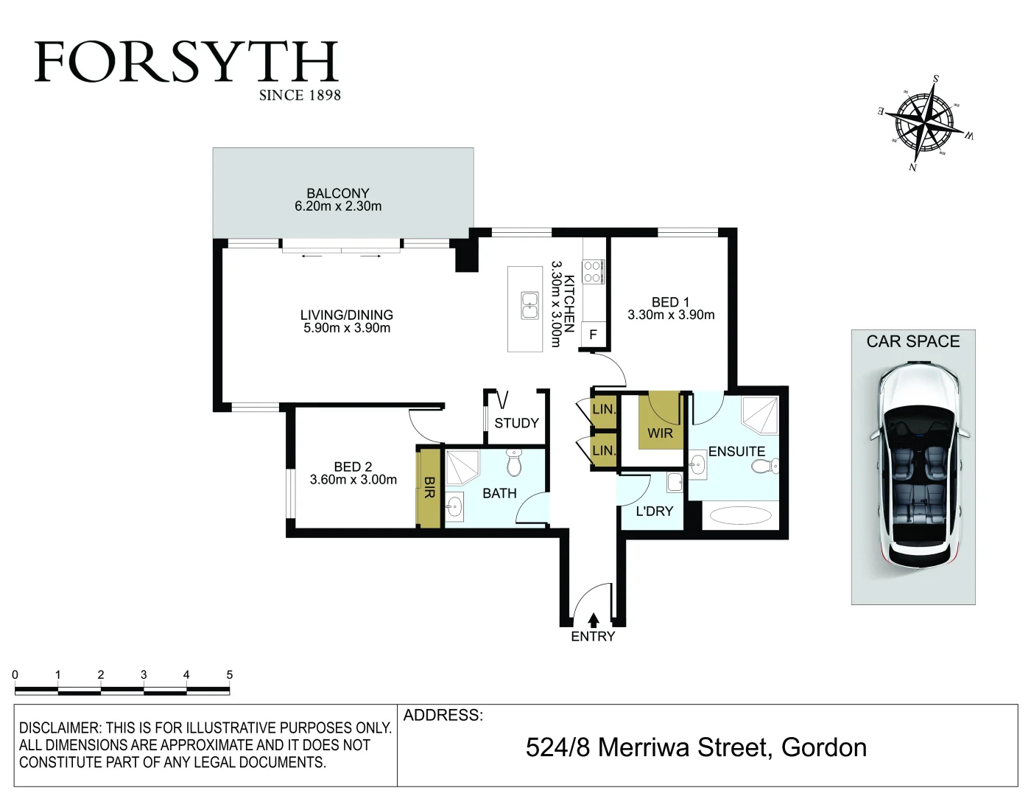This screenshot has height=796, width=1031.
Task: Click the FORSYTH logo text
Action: click(x=186, y=63)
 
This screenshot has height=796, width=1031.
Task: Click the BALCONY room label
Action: click(x=338, y=193)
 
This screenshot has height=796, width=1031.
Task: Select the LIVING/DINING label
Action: click(x=347, y=315)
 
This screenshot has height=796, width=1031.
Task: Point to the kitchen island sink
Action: click(x=529, y=305)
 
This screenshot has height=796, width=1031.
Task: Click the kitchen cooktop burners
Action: click(x=593, y=272)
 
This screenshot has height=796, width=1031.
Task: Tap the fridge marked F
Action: click(x=593, y=335)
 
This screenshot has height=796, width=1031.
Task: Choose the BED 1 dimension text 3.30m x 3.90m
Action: click(x=671, y=315)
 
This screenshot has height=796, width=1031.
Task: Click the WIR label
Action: click(x=660, y=433)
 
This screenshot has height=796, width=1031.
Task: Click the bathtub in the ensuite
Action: click(x=739, y=515)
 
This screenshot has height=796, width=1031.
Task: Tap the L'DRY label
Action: click(x=655, y=511)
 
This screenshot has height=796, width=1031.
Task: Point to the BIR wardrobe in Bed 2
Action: click(x=429, y=487)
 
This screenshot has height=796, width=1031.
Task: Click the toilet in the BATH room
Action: click(x=514, y=464)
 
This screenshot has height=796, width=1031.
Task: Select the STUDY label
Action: click(x=516, y=423)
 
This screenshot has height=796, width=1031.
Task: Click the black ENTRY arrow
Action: click(x=594, y=621)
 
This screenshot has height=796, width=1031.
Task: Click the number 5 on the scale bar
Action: click(x=230, y=674)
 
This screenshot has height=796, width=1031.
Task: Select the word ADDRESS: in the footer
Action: click(x=443, y=715)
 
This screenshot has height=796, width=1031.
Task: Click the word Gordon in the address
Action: click(x=823, y=747)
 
